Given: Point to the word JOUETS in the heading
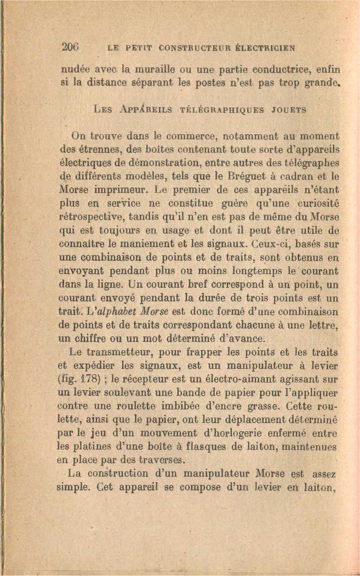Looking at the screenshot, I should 287,110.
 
